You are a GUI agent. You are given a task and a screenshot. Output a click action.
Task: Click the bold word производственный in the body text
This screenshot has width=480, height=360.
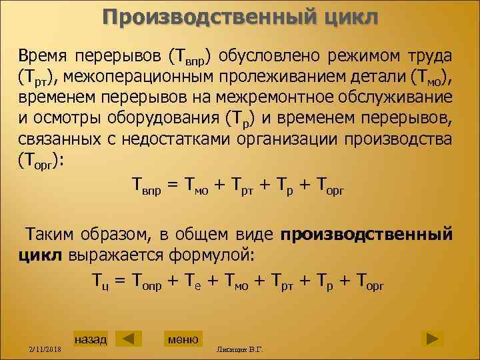(367, 235)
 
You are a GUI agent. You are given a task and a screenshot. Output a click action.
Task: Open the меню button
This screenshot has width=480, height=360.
(183, 339)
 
